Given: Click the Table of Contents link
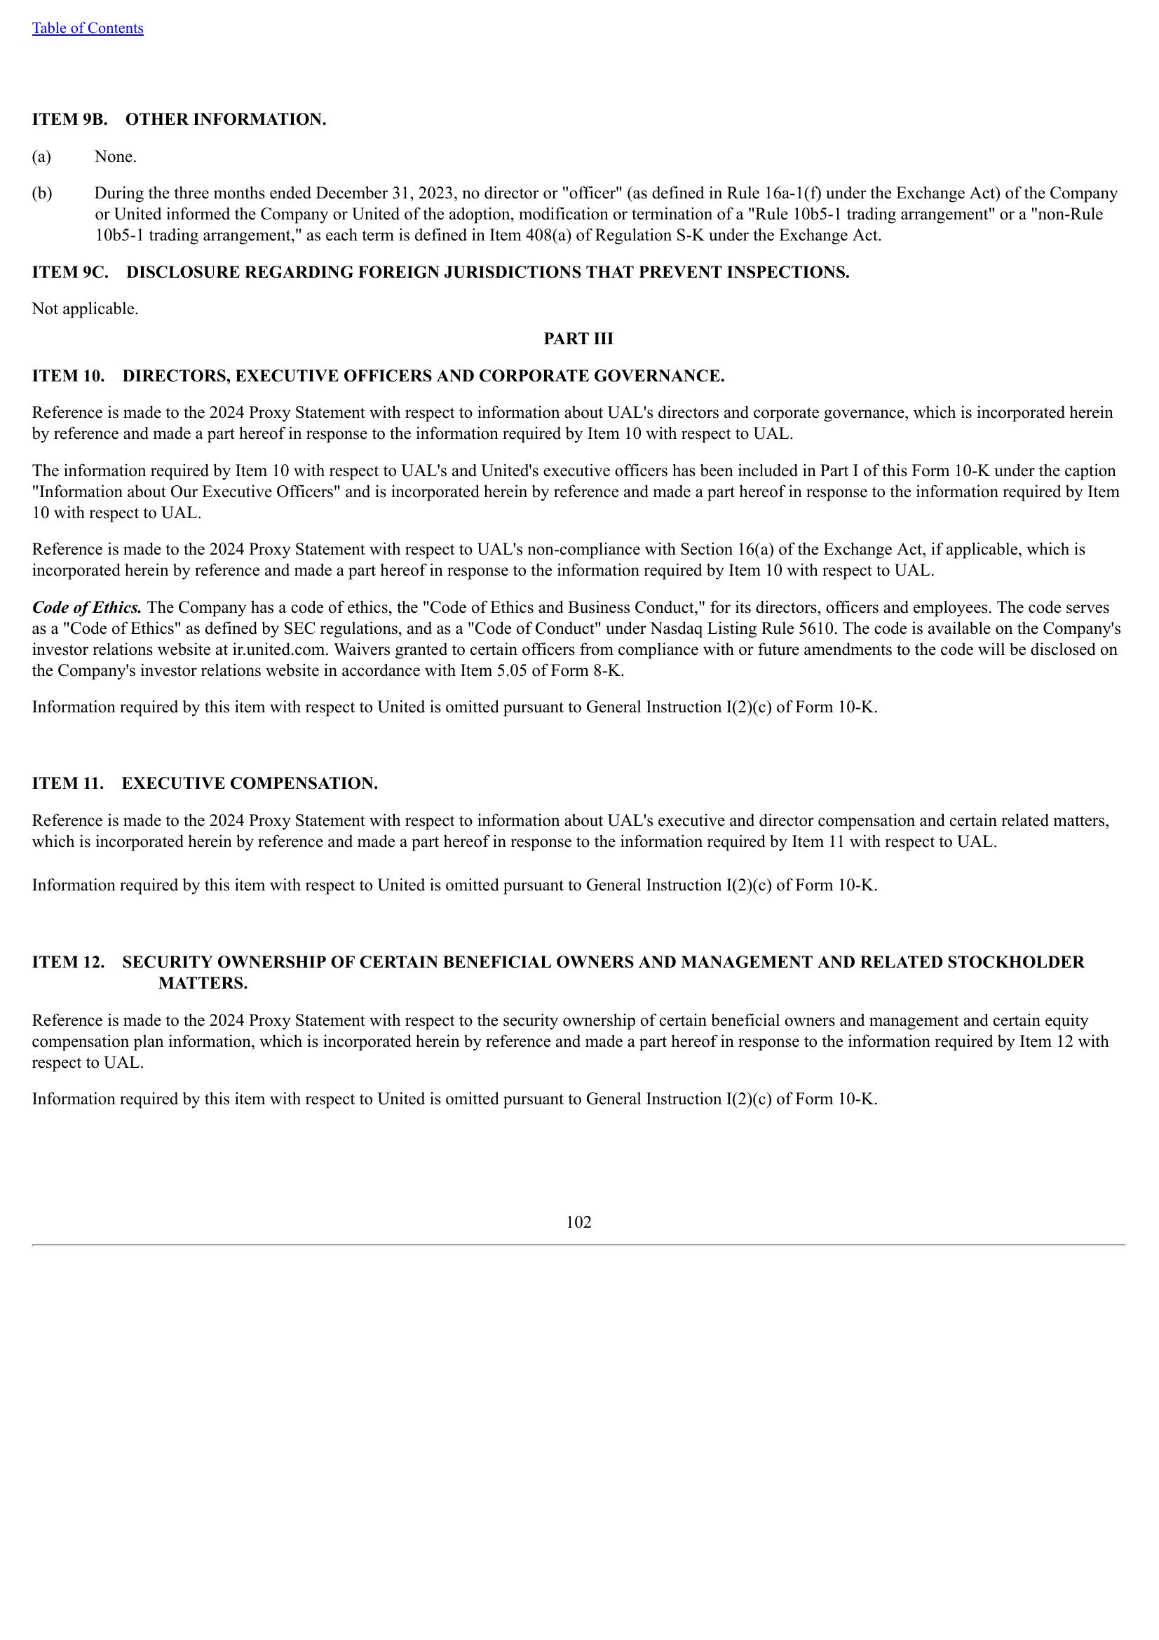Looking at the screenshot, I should (87, 28).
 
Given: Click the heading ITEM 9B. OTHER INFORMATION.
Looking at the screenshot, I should (179, 119).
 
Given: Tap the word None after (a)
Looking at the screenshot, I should (115, 156).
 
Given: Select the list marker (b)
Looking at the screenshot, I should (41, 193).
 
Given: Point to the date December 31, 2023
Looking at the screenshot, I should (384, 193).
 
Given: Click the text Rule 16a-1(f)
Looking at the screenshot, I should (774, 193).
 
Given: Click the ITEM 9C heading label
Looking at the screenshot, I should (70, 272).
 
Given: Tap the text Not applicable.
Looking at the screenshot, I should (85, 309).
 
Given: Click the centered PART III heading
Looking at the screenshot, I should (578, 339).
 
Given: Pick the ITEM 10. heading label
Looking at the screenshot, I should (68, 376).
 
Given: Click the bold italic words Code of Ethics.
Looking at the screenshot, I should (86, 607).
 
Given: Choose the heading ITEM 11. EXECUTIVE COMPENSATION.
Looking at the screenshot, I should (204, 783).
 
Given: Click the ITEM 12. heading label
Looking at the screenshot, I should (68, 961).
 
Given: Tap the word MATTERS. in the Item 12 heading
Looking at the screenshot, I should (203, 983).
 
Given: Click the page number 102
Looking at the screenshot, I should (578, 1222).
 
